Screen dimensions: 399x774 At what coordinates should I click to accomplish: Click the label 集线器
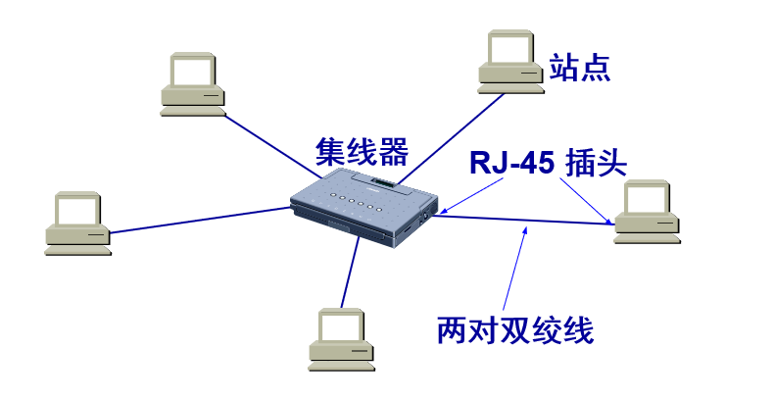tap(362, 151)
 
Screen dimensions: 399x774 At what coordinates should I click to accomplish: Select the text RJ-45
tap(511, 162)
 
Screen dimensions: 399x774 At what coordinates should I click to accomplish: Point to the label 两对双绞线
tap(515, 329)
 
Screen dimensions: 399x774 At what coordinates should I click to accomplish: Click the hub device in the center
tap(363, 207)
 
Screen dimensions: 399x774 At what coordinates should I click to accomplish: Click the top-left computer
tap(194, 82)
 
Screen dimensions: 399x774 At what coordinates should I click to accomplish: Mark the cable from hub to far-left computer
tap(196, 221)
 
